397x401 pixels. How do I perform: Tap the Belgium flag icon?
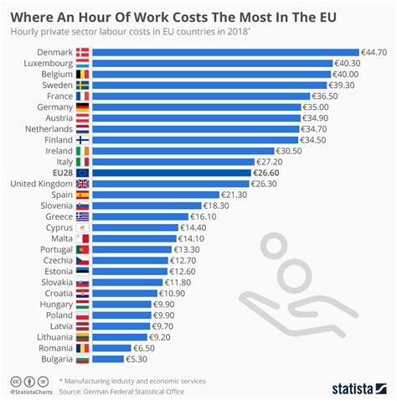coord(83,74)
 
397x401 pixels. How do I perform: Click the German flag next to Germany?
coord(83,107)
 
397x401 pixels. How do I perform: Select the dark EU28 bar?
coord(171,173)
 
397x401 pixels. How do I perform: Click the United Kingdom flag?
coord(83,184)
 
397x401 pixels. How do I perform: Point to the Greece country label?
coord(59,216)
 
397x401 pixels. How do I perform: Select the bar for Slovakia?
coord(129,282)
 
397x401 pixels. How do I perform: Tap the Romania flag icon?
coord(83,347)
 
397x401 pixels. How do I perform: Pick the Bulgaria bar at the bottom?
coord(108,359)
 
